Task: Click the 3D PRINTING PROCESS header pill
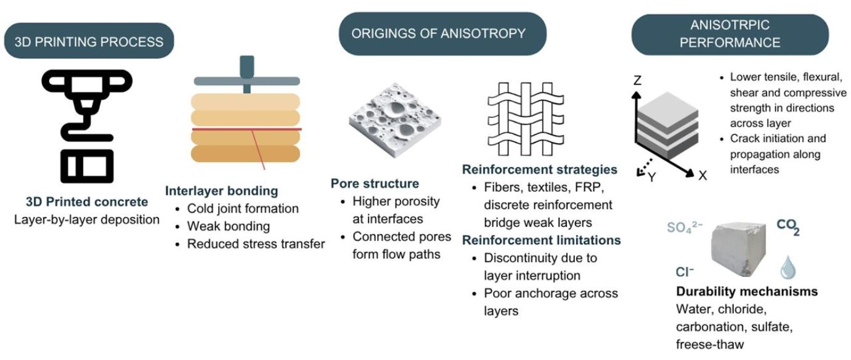click(x=89, y=41)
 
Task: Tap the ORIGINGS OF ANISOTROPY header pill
click(x=442, y=34)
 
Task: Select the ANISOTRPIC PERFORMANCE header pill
click(x=730, y=35)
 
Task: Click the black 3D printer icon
click(x=87, y=126)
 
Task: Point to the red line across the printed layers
click(x=247, y=129)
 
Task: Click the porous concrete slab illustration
click(x=395, y=120)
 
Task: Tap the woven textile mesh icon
click(x=526, y=119)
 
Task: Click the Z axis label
click(x=637, y=80)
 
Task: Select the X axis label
click(x=702, y=175)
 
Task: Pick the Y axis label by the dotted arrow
click(x=652, y=177)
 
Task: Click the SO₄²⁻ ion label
click(x=685, y=227)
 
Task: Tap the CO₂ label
click(x=788, y=227)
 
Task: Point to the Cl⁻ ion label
click(x=685, y=272)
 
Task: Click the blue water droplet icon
click(x=788, y=267)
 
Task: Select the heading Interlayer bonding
click(x=221, y=190)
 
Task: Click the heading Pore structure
click(x=375, y=183)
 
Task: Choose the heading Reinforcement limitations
click(x=542, y=240)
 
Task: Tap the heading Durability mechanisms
click(x=747, y=291)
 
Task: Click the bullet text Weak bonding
click(x=229, y=226)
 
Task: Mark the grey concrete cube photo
click(x=739, y=249)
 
